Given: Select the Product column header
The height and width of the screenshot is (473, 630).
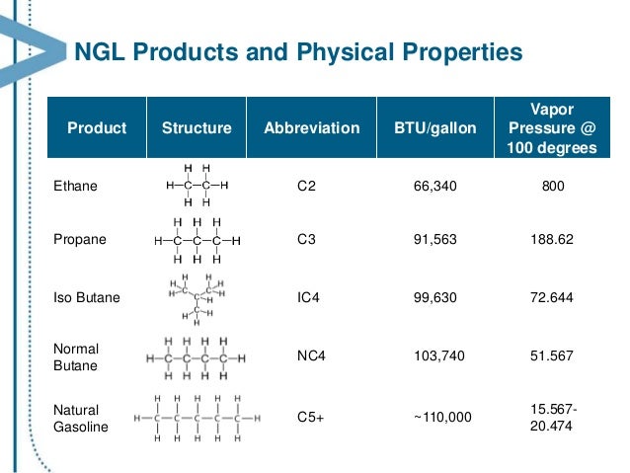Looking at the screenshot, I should tap(96, 128).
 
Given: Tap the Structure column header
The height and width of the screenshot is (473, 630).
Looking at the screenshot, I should tap(197, 128).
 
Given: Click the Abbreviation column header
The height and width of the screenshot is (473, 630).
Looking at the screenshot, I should tap(312, 128).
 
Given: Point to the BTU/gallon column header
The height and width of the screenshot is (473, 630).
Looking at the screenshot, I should tap(434, 128).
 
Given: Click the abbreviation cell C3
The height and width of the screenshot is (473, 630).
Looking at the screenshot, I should tap(306, 239).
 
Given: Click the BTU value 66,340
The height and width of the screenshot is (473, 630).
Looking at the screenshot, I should tap(433, 184).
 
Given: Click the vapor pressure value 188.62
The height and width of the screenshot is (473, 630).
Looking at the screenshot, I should tap(552, 239).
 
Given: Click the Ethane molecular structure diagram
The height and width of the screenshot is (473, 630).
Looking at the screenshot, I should tap(197, 185).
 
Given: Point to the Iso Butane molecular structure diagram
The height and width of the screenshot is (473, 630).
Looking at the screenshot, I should tap(196, 296).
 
